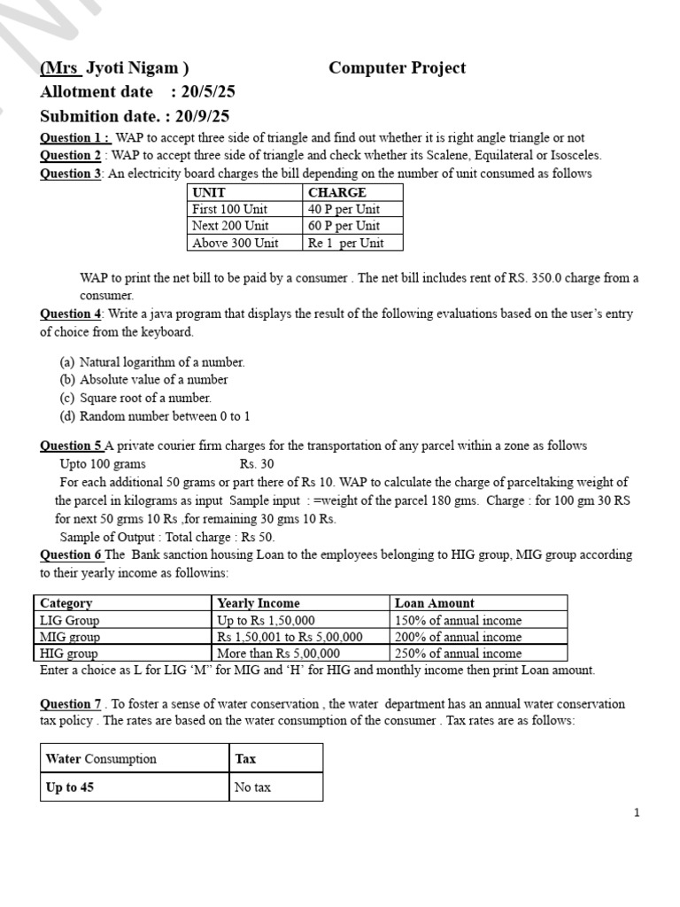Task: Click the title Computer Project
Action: tap(397, 68)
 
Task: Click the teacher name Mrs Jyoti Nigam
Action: tap(114, 68)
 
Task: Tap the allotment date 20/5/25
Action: tap(208, 92)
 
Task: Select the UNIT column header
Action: tap(209, 192)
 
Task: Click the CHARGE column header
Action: tap(337, 192)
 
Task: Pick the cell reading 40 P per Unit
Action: tap(344, 209)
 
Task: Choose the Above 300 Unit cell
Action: tap(235, 243)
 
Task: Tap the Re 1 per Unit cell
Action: tap(345, 243)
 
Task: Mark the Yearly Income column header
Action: tap(259, 603)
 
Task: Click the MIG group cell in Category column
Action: tap(71, 637)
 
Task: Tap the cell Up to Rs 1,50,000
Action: tap(267, 620)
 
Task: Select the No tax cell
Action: tap(253, 787)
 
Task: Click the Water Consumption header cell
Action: tap(101, 758)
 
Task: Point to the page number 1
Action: tap(636, 812)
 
